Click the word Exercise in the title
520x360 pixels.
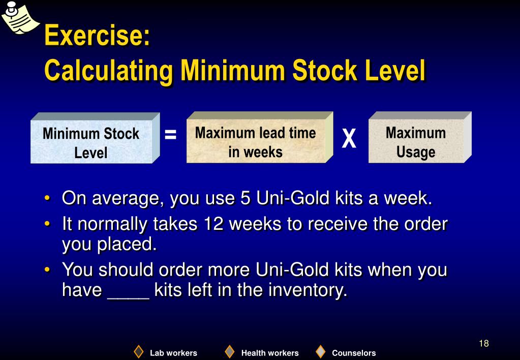[97, 36]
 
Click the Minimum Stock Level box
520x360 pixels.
[91, 142]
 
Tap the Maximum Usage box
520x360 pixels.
[416, 142]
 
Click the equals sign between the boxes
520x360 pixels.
[171, 135]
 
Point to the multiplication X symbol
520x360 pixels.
[349, 139]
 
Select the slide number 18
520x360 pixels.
[483, 343]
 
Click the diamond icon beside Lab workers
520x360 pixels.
[138, 352]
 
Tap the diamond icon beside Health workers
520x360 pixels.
[230, 352]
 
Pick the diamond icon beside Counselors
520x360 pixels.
[320, 352]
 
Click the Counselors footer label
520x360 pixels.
[354, 353]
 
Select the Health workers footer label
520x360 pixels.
[270, 353]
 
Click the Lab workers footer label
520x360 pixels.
[173, 353]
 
